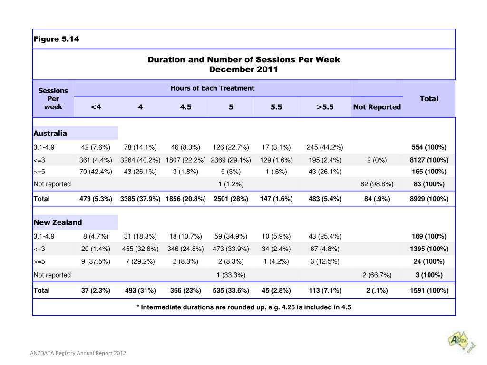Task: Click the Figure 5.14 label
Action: (56, 39)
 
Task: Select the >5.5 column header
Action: (325, 107)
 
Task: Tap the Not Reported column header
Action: (377, 107)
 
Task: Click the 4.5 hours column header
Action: (186, 107)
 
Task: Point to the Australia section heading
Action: (50, 133)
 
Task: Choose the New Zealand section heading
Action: (58, 222)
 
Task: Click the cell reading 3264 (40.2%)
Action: (140, 160)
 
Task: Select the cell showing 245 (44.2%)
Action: (325, 147)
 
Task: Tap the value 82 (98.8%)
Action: (377, 184)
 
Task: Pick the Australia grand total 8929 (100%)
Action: (429, 199)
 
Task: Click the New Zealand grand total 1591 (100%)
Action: (429, 290)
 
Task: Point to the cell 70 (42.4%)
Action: (96, 172)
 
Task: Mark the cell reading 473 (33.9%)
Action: (231, 249)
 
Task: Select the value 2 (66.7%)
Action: (377, 275)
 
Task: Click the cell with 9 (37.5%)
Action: (96, 262)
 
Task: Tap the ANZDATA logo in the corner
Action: (461, 342)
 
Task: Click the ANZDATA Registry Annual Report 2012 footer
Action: (78, 353)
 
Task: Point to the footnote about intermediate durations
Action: (243, 307)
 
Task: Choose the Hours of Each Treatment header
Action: (213, 88)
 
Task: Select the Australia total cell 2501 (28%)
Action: (231, 199)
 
